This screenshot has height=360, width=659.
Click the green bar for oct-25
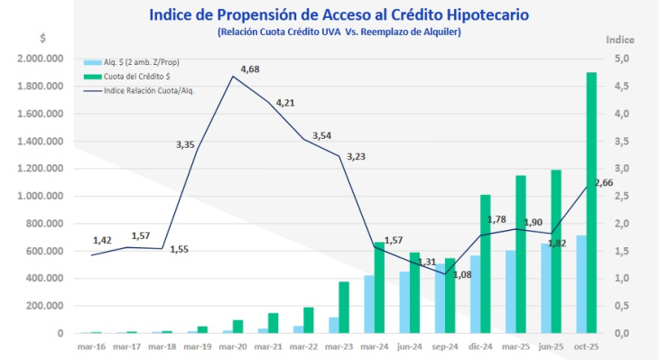[x=591, y=203]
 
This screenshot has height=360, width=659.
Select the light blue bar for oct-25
[x=580, y=284]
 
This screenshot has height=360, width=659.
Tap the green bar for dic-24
[x=485, y=263]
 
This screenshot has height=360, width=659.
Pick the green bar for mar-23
[x=344, y=308]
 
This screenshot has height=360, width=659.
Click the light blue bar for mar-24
[x=369, y=304]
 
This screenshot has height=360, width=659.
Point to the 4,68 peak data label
[x=250, y=69]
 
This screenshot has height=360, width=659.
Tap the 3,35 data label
[x=186, y=144]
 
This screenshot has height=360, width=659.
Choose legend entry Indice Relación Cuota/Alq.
[x=149, y=90]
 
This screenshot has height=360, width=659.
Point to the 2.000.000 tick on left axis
[x=39, y=59]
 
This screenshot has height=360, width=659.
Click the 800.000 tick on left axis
[x=44, y=224]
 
